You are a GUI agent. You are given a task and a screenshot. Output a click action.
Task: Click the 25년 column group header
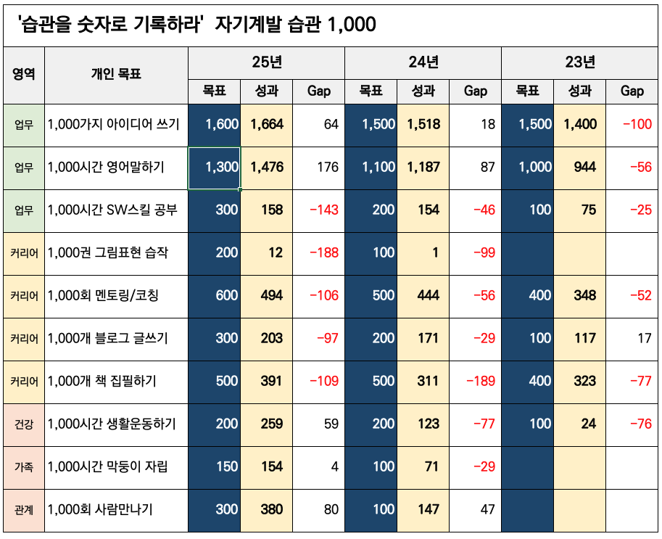click(x=266, y=62)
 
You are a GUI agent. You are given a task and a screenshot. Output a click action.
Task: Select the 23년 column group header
click(x=579, y=62)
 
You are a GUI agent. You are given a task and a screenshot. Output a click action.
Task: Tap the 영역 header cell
click(x=24, y=74)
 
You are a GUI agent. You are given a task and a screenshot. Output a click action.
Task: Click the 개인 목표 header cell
click(x=116, y=74)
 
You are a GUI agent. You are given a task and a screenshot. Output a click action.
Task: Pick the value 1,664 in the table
click(x=267, y=124)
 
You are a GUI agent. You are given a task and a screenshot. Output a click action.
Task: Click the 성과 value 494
click(x=271, y=295)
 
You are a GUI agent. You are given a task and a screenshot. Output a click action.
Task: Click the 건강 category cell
click(x=24, y=424)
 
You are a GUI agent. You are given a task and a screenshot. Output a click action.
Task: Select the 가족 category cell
click(x=24, y=466)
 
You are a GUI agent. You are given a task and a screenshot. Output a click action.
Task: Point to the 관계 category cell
click(x=24, y=509)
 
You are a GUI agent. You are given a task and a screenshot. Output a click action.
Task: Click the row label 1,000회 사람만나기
click(x=100, y=509)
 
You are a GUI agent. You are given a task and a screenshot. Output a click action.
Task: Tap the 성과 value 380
click(x=271, y=509)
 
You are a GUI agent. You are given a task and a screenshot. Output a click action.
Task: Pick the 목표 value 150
click(x=227, y=466)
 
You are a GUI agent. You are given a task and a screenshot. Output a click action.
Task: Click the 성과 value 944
click(x=584, y=167)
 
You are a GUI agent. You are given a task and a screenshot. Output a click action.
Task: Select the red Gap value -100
click(x=637, y=124)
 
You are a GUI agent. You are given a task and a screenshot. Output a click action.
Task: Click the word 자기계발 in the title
click(x=245, y=25)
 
